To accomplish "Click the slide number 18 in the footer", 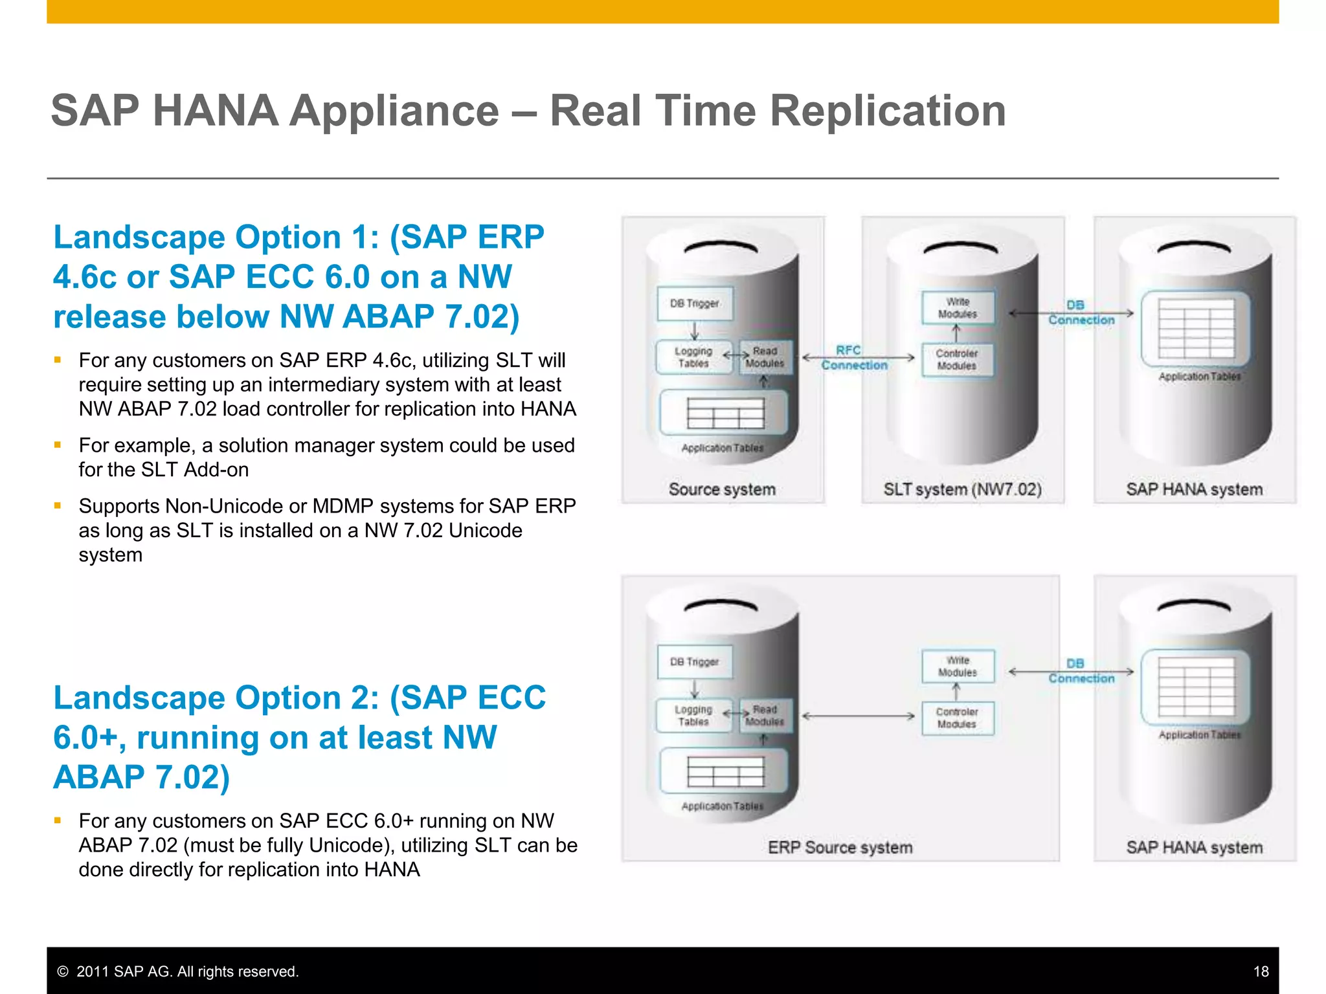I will [1260, 971].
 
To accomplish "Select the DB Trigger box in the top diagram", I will [695, 304].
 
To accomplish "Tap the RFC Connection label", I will [853, 358].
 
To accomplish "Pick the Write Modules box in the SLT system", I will [958, 308].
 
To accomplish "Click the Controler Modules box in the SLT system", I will [957, 360].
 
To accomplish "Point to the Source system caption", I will [722, 489].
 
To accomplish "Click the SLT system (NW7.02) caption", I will [962, 489].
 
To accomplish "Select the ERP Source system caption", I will [840, 848].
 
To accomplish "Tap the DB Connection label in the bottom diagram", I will [1081, 671].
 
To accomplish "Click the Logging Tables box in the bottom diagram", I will [693, 716].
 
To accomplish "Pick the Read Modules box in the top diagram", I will [765, 357].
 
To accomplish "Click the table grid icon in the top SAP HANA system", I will [1196, 328].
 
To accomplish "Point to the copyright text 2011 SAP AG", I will [187, 971].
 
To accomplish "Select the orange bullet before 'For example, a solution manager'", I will [58, 445].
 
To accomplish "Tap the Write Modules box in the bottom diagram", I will [958, 667].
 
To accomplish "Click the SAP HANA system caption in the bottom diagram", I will [1194, 848].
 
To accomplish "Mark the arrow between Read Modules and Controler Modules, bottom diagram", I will [858, 716].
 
